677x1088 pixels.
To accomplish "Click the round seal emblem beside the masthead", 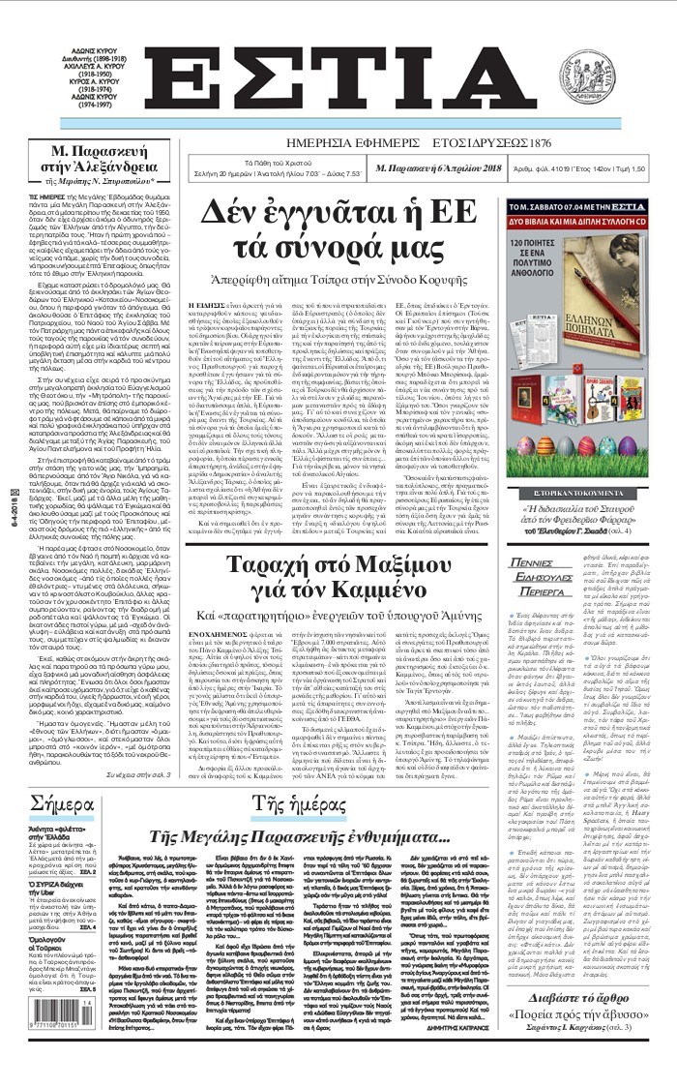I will pyautogui.click(x=622, y=77).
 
